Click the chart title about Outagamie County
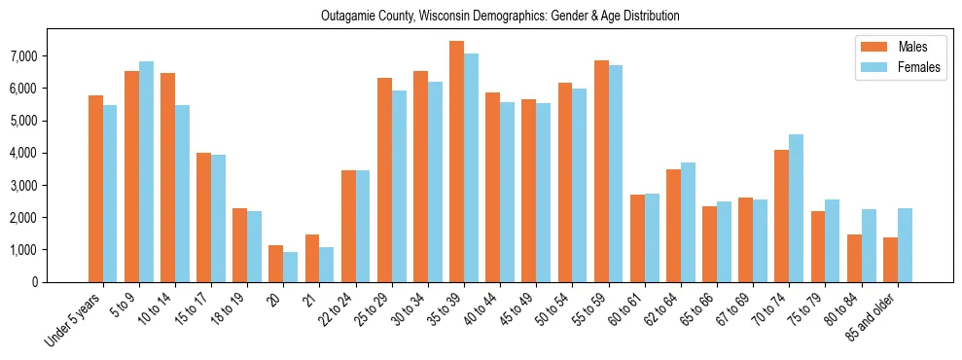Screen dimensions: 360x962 click(x=500, y=16)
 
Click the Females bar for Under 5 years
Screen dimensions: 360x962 click(x=110, y=194)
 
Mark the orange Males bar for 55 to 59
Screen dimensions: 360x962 click(x=601, y=171)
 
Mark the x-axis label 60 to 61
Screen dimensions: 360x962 click(x=627, y=308)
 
